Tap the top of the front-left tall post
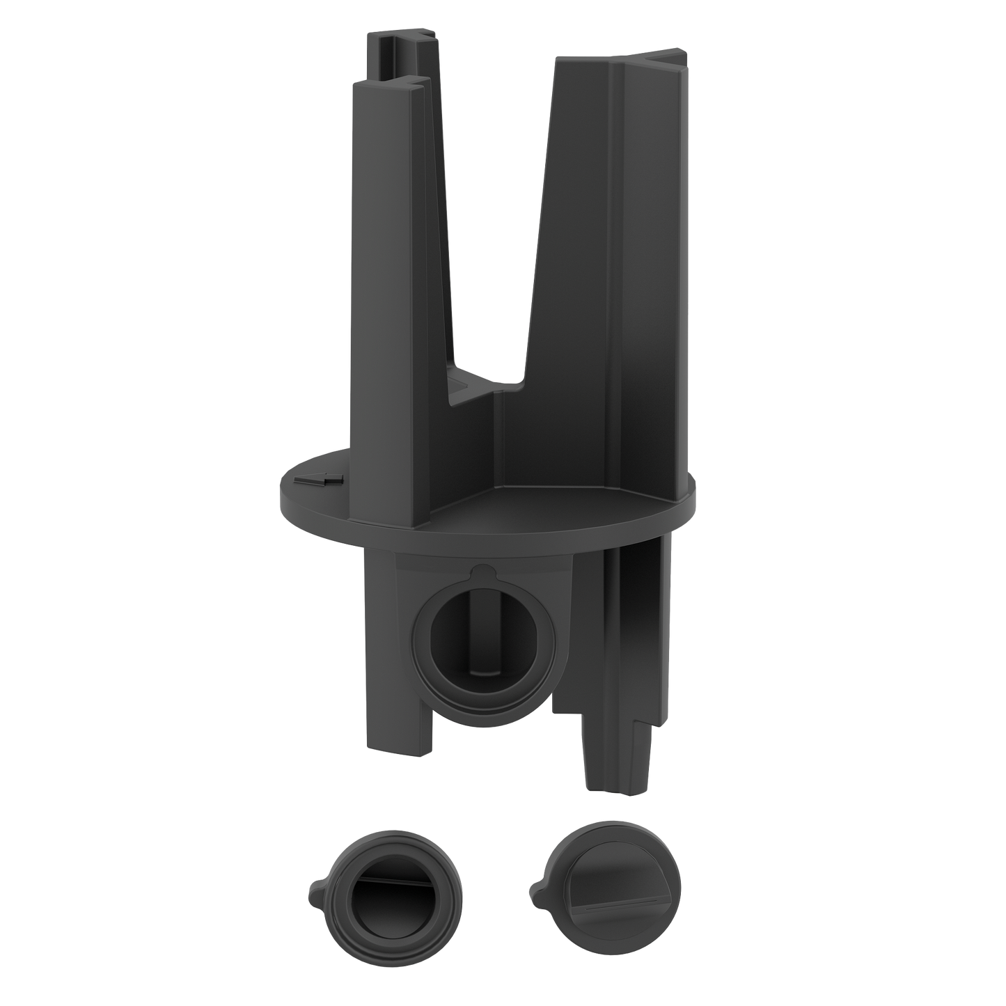pyautogui.click(x=387, y=83)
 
